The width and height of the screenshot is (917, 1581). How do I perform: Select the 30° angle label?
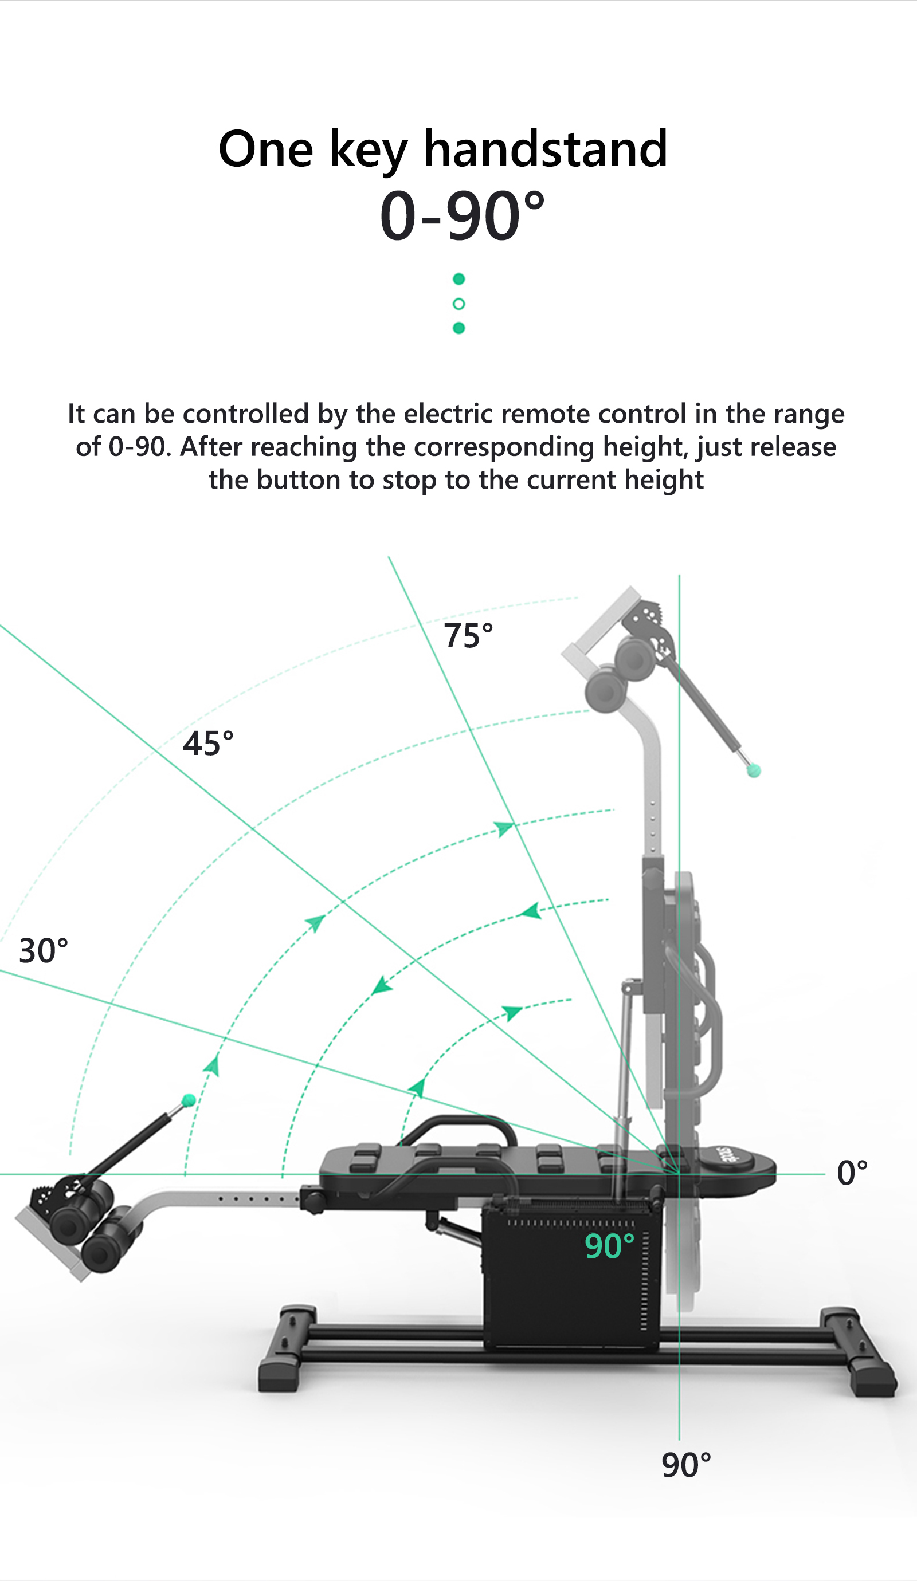pyautogui.click(x=44, y=950)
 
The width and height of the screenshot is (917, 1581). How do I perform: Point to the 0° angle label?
pyautogui.click(x=852, y=1173)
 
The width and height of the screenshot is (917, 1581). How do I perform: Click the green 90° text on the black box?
pyautogui.click(x=609, y=1246)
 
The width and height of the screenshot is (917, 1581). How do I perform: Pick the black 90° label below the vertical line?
pyautogui.click(x=686, y=1465)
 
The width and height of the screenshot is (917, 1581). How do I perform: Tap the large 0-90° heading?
pyautogui.click(x=463, y=215)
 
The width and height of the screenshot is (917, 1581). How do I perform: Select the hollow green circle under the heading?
pyautogui.click(x=459, y=304)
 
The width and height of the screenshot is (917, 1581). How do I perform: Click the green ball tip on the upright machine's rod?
pyautogui.click(x=754, y=771)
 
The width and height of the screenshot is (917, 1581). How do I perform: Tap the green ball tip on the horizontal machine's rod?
pyautogui.click(x=189, y=1100)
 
